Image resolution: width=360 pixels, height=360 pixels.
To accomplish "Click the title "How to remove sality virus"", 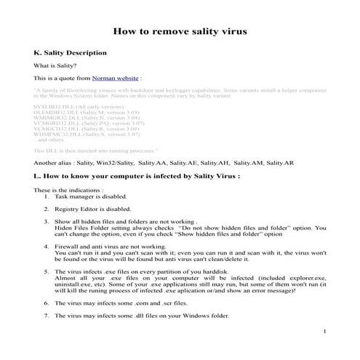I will [x=180, y=32].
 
